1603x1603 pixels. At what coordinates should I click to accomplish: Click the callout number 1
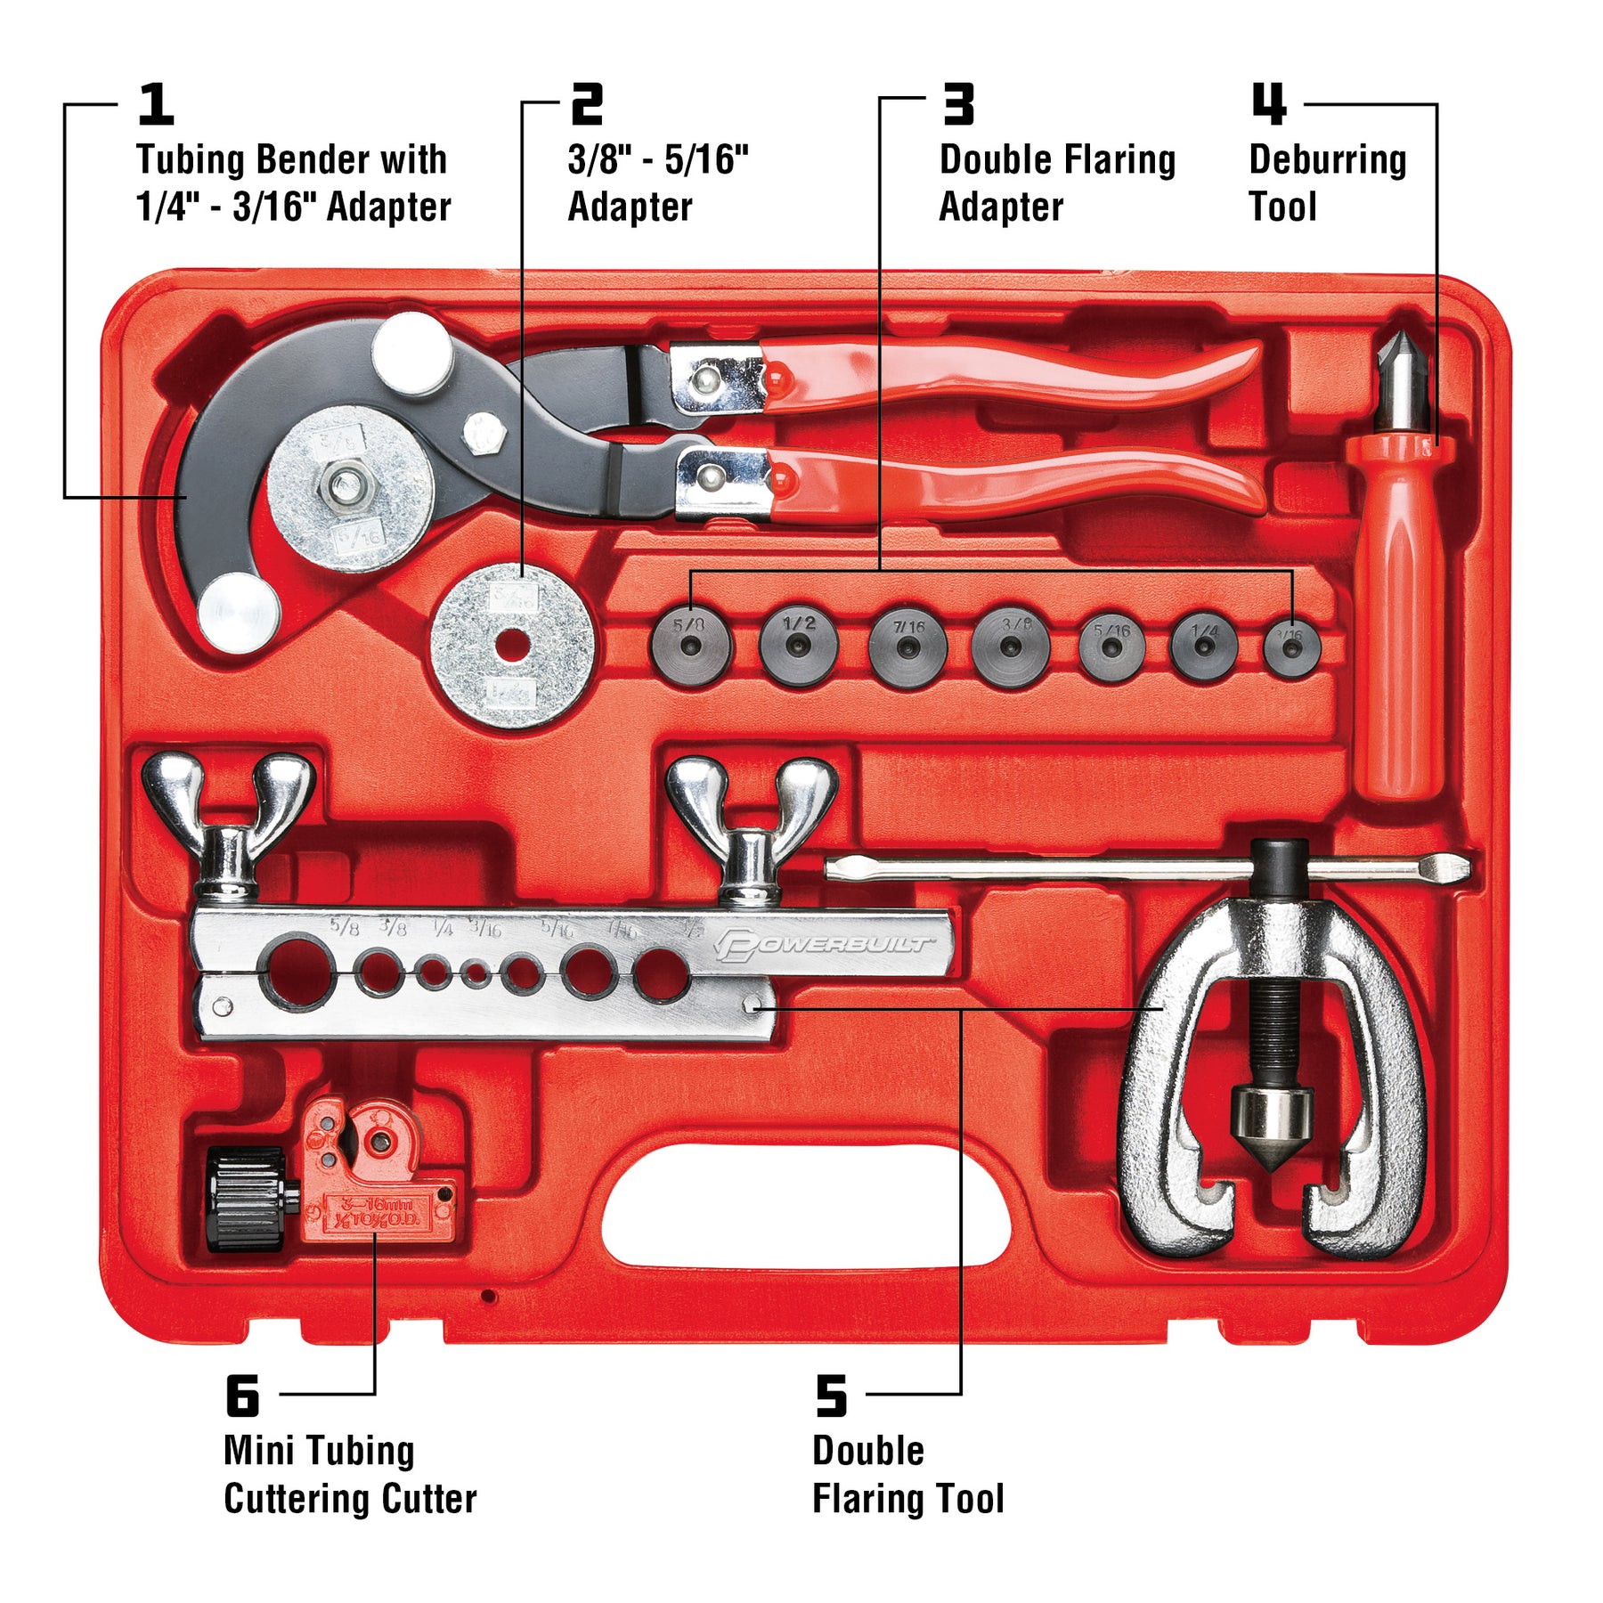click(156, 104)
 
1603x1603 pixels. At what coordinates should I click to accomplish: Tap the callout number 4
click(1268, 104)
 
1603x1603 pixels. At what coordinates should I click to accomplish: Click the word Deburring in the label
click(1327, 160)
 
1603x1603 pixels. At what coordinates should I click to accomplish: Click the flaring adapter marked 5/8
click(690, 646)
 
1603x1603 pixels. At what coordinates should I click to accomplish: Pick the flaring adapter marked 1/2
click(799, 646)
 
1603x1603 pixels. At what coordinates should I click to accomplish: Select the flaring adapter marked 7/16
click(907, 648)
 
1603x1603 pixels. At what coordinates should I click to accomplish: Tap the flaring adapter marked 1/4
click(1204, 646)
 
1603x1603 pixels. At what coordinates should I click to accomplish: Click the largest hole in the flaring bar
click(297, 972)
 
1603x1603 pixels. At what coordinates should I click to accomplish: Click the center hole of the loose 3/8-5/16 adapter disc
click(511, 647)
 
